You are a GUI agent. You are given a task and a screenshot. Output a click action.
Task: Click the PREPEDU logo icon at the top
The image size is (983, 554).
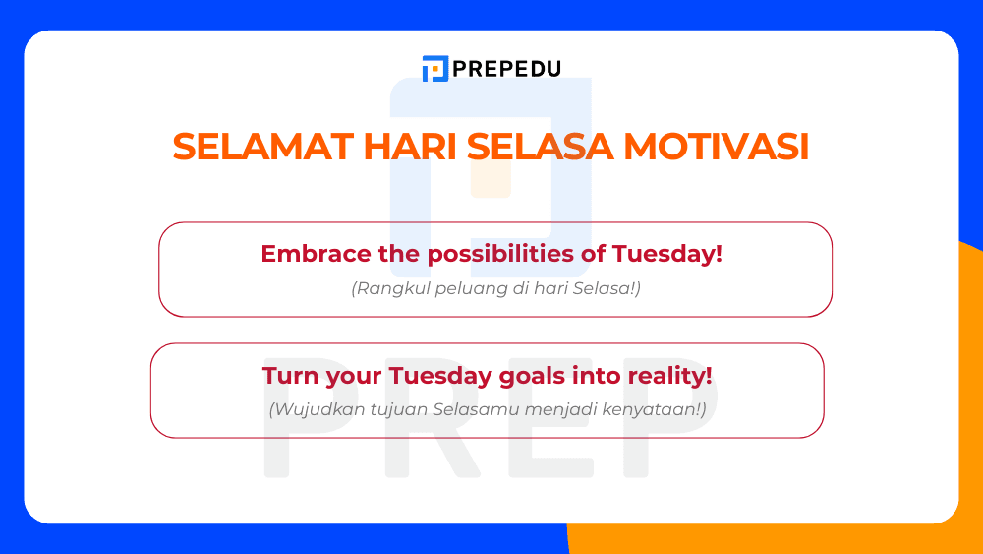(x=434, y=69)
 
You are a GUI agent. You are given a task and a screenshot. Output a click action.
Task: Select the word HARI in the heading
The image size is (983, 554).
(x=409, y=147)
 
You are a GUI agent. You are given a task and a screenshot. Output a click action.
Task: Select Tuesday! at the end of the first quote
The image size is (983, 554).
(x=667, y=254)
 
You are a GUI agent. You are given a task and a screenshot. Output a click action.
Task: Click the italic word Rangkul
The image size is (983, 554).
(x=386, y=289)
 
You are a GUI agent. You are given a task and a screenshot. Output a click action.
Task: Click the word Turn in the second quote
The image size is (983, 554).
(x=286, y=376)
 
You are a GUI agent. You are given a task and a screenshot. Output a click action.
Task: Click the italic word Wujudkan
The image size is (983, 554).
(x=313, y=409)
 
